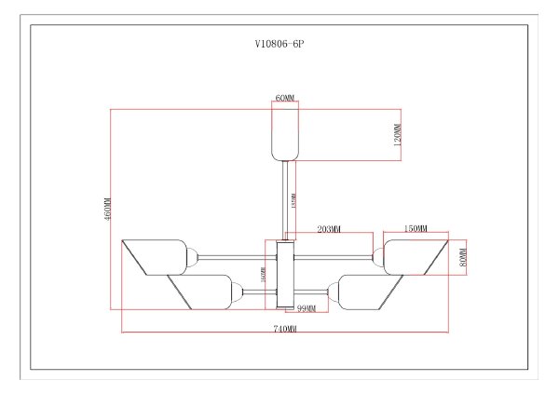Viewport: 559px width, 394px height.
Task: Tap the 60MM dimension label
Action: [284, 97]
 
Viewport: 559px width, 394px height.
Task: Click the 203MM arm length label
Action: [329, 229]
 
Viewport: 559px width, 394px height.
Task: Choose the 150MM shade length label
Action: [416, 229]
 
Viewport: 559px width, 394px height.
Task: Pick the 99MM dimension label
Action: [306, 307]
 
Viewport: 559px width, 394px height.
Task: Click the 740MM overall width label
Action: [285, 330]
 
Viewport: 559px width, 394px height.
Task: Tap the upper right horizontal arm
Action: [335, 256]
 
